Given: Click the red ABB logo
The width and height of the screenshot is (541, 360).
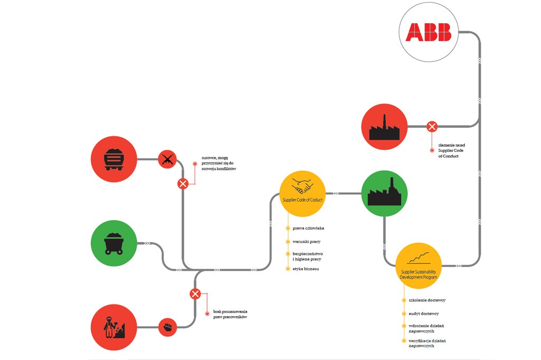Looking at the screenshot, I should tap(428, 32).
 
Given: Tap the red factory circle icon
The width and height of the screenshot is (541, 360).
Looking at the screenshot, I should tap(385, 127).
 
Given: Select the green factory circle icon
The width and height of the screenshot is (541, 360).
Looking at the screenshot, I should tap(384, 194).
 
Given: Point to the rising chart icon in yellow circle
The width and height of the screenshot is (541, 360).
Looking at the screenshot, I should tap(418, 259).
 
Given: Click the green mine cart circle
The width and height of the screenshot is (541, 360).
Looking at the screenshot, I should tap(114, 243).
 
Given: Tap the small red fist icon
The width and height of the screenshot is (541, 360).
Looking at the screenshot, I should tap(168, 327).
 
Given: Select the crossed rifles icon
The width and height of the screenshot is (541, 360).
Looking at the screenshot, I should tap(167, 159).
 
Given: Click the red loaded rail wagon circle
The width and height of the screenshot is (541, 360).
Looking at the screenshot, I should tap(114, 158).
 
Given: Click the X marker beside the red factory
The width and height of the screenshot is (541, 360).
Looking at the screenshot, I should tap(432, 127).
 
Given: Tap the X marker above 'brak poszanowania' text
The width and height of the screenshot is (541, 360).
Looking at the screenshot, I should tap(195, 294).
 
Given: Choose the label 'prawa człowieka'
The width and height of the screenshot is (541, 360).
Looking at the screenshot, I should tap(308, 228).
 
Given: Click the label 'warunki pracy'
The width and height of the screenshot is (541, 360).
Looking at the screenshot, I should tap(306, 241).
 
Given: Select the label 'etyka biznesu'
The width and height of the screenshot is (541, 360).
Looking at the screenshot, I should tap(305, 269).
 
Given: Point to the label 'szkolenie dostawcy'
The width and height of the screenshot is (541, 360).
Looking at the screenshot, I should tap(427, 300).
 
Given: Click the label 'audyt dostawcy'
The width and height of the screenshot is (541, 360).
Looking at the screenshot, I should tap(424, 314).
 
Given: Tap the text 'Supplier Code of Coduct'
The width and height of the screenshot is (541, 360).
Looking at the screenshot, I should tap(302, 199).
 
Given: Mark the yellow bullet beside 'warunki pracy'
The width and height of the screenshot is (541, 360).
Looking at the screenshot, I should tap(288, 242).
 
